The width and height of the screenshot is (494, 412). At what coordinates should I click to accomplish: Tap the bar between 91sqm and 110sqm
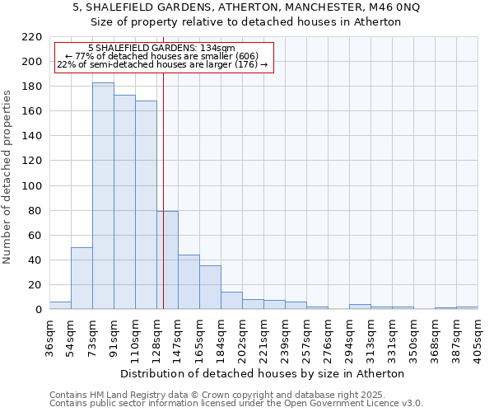pyautogui.click(x=124, y=202)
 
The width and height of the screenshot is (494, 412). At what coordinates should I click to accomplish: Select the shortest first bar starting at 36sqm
pyautogui.click(x=60, y=306)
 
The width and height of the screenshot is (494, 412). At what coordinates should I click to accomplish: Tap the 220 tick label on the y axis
pyautogui.click(x=32, y=37)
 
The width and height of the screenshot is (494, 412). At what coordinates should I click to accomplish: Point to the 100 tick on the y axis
pyautogui.click(x=32, y=186)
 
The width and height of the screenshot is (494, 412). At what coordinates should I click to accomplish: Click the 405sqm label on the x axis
pyautogui.click(x=478, y=337)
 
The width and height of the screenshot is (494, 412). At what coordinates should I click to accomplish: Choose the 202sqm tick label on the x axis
pyautogui.click(x=242, y=337)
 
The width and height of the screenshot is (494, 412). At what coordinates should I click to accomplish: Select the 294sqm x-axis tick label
pyautogui.click(x=349, y=337)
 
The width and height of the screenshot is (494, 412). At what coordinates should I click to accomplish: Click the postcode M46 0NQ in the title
pyautogui.click(x=395, y=7)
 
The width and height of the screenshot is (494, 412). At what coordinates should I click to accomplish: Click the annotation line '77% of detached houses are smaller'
pyautogui.click(x=162, y=57)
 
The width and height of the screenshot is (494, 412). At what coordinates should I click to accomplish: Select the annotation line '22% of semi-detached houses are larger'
pyautogui.click(x=162, y=65)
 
